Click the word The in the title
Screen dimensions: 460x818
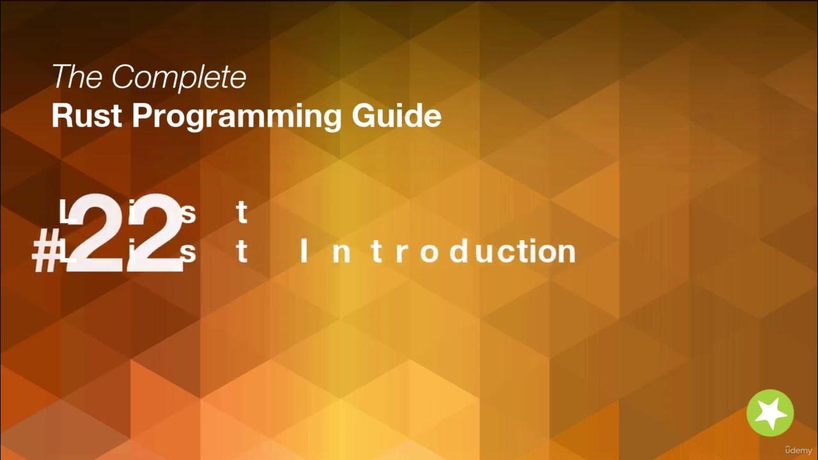(x=77, y=77)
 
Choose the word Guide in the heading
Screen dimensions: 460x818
(x=397, y=116)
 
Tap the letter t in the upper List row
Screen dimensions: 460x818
(x=242, y=213)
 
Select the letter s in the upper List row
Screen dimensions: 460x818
(x=188, y=215)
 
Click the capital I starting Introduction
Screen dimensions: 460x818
(x=304, y=252)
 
